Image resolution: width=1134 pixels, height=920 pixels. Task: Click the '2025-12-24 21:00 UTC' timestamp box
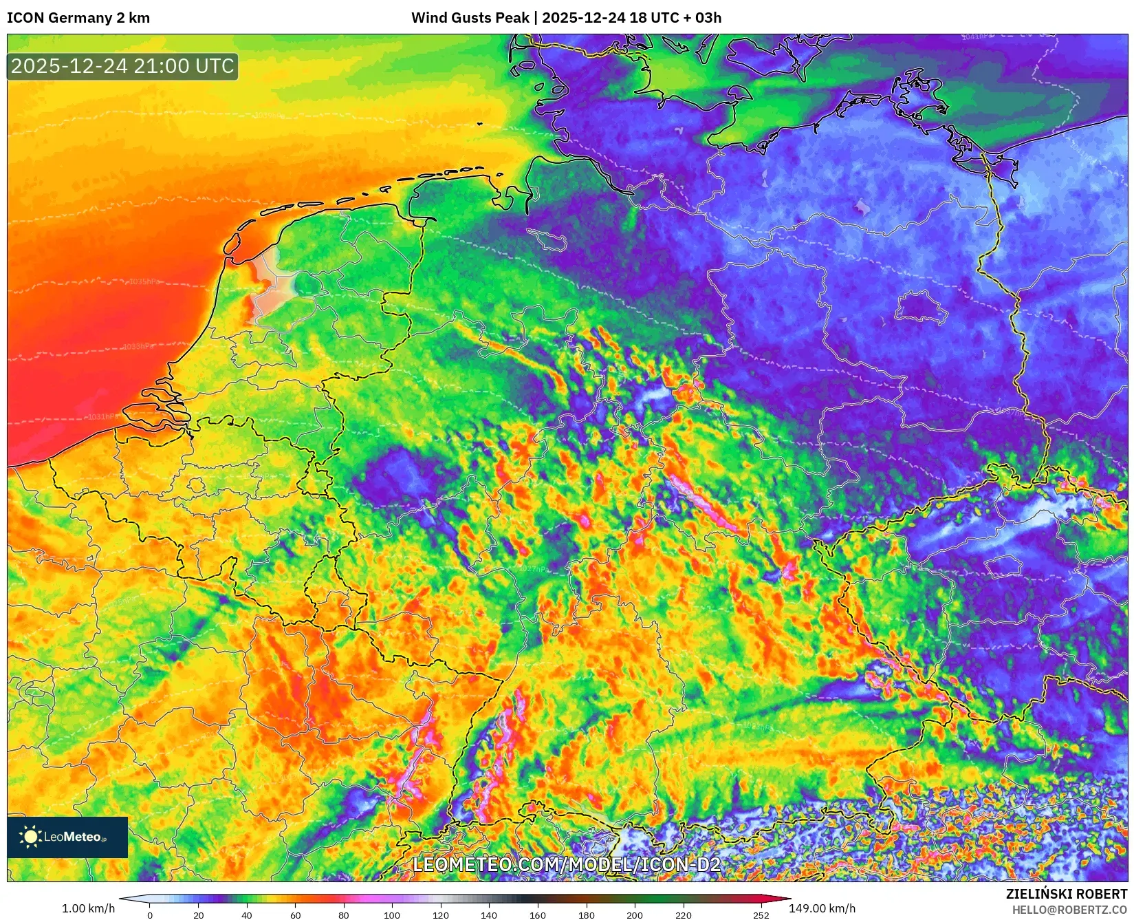tap(122, 66)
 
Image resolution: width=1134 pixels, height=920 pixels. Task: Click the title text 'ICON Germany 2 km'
tap(78, 18)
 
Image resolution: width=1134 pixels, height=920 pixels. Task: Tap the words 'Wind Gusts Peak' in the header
tap(470, 18)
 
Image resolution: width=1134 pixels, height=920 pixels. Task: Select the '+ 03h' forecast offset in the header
tap(701, 18)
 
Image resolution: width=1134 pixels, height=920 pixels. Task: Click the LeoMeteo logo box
tap(67, 837)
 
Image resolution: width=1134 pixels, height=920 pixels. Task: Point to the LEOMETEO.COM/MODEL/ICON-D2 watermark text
tap(567, 864)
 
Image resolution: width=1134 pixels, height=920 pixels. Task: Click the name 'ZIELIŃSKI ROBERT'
tap(1067, 894)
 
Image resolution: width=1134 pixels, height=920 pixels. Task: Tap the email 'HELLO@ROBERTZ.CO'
tap(1069, 910)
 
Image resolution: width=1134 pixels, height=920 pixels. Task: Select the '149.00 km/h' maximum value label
tap(822, 908)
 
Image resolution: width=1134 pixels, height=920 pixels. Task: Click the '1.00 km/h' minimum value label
tap(89, 908)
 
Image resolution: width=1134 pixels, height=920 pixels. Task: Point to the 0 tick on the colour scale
tap(150, 915)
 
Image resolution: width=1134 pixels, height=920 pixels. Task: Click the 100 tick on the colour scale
tap(392, 915)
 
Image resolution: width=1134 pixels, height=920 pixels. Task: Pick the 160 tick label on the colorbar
tap(538, 915)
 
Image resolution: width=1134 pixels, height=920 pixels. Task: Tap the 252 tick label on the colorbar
tap(761, 915)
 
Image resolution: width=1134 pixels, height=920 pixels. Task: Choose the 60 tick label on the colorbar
tap(295, 915)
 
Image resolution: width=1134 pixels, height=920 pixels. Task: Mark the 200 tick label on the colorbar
tap(635, 915)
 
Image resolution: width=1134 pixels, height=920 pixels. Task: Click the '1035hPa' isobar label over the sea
tap(144, 281)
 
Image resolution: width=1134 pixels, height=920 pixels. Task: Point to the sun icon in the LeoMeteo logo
tap(30, 837)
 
